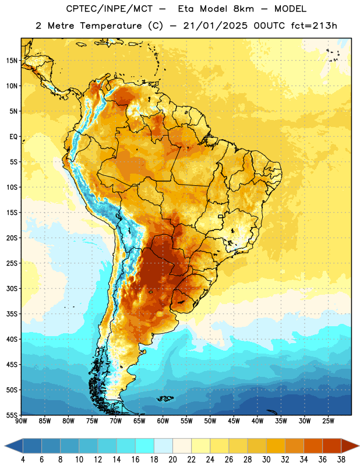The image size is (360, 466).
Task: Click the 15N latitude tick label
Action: point(12,61)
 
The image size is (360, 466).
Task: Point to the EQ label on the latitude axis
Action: point(13,137)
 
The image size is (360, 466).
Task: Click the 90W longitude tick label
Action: point(21,421)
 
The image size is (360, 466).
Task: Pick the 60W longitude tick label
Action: point(163,421)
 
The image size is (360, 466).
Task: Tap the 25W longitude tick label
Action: point(328,421)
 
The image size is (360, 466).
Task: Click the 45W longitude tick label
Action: point(234,421)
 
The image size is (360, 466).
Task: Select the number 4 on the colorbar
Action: point(23,460)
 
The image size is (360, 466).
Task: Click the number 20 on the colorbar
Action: point(172,460)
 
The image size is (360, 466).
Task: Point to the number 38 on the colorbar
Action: point(341,460)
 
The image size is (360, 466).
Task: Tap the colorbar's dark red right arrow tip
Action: point(359,446)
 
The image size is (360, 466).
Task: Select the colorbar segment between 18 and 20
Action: point(163,446)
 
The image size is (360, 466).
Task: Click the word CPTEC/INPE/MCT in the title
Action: point(109,9)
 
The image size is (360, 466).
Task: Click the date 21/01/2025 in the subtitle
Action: point(215,26)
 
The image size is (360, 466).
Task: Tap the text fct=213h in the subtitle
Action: point(314,26)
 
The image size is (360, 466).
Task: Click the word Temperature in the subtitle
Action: point(111,26)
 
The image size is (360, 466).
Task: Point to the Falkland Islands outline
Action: point(165,398)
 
